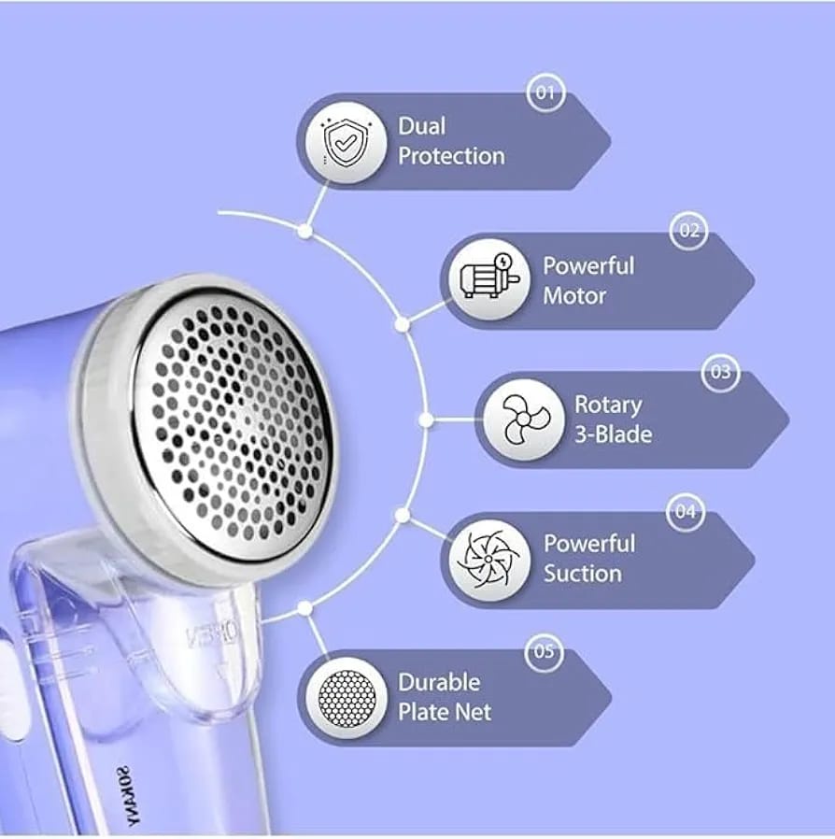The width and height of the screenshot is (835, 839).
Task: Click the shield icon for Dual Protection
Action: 346,142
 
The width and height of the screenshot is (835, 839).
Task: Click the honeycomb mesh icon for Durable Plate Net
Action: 347,698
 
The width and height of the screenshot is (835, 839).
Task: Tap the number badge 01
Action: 545,93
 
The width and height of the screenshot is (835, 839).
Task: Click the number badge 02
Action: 688,231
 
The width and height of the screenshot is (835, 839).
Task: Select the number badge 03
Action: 720,371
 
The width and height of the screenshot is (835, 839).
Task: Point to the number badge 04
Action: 686,512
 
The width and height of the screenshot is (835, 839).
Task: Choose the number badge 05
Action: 544,651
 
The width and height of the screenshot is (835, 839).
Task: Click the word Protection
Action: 451,156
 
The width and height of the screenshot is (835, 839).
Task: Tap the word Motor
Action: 574,296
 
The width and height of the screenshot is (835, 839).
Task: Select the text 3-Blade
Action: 613,434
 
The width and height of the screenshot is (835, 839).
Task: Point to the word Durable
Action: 439,682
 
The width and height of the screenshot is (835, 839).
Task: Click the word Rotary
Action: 608,405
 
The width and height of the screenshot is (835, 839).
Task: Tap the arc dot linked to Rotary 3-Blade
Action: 426,420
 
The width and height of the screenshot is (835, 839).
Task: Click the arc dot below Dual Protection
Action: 304,231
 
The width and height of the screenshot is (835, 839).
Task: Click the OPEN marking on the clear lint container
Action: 213,633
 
